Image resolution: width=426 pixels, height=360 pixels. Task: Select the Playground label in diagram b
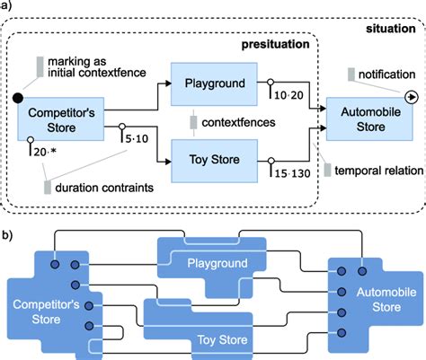212,264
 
